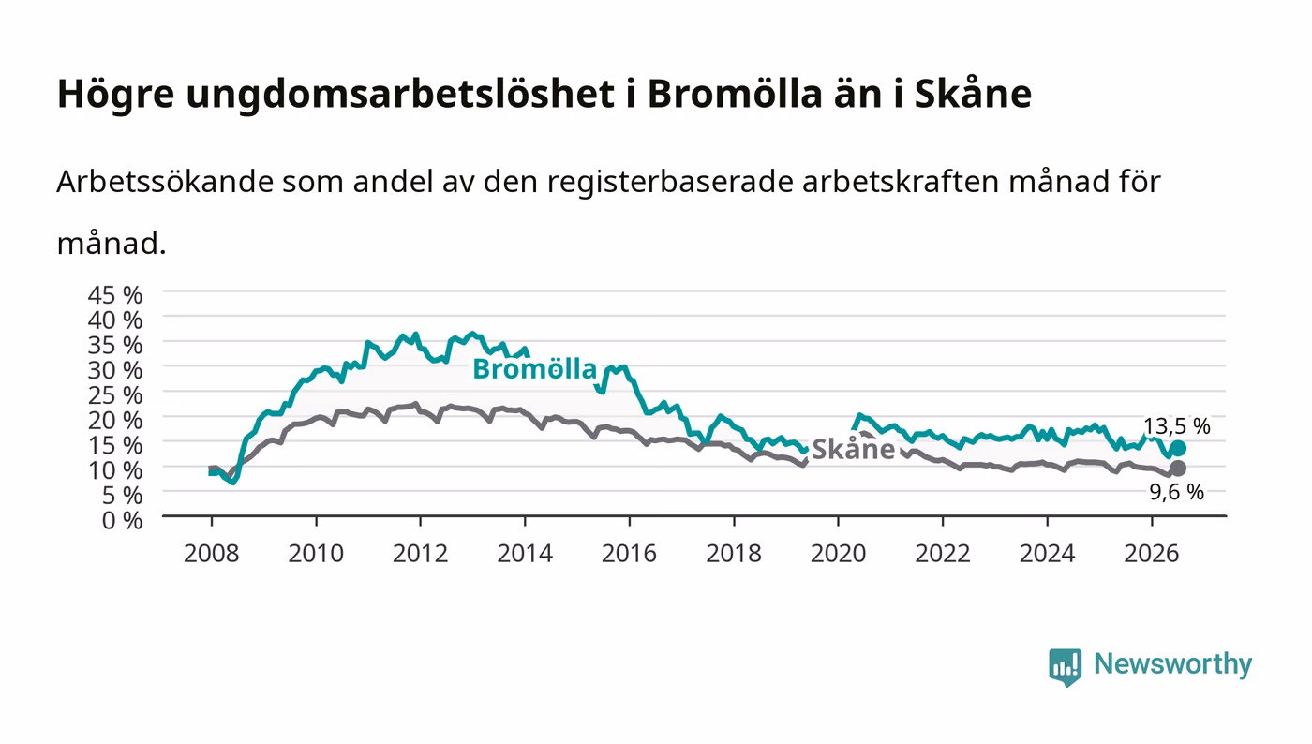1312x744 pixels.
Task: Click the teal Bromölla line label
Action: [534, 369]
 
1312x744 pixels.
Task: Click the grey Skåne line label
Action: [854, 450]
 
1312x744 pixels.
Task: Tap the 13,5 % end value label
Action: [1177, 426]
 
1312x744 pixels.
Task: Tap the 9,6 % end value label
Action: [1177, 492]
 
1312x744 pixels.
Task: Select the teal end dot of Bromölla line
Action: [1178, 449]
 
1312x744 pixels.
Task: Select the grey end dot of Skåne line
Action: [1178, 469]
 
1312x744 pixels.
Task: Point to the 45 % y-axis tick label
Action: [115, 295]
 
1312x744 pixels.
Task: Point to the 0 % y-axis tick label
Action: [123, 521]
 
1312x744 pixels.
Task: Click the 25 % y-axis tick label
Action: [115, 396]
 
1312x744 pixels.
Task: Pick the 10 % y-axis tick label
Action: [115, 470]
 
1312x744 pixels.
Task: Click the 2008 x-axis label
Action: [212, 554]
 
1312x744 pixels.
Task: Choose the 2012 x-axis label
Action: [421, 554]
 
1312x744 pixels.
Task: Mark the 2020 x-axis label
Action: [838, 554]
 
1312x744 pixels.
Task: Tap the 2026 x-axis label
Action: [1152, 554]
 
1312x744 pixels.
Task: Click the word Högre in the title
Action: [116, 95]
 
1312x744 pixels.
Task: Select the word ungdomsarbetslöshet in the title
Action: [400, 95]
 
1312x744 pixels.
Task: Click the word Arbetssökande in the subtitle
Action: [165, 182]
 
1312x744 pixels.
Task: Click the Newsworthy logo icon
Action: [1066, 666]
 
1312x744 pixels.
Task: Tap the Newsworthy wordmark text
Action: [1173, 665]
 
